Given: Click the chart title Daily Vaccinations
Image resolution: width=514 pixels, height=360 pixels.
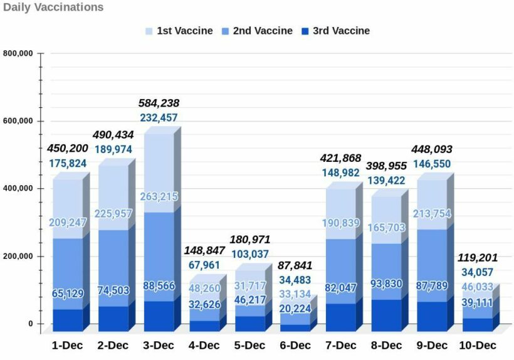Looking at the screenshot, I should (x=53, y=8).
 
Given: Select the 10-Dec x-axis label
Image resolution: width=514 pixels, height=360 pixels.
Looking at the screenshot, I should (x=478, y=346).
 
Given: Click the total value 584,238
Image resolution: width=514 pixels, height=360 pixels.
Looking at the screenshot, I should (x=159, y=103).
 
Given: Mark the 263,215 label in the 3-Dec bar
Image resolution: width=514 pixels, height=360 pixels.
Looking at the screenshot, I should (x=159, y=196).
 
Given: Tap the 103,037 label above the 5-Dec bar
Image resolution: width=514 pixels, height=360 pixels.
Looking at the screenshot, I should (x=249, y=254).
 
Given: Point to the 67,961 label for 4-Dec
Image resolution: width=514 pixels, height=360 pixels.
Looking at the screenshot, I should (x=204, y=265).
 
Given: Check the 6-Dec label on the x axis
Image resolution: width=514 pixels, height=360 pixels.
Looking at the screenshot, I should (x=295, y=346).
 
